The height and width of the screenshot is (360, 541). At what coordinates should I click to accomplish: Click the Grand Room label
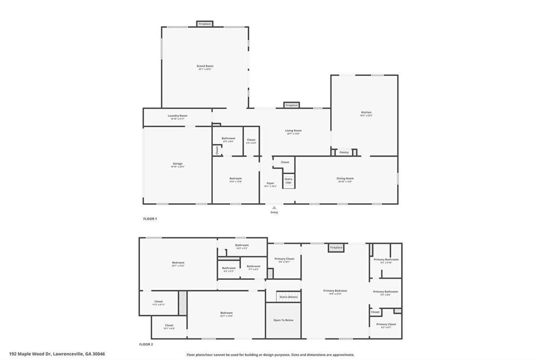click(x=206, y=67)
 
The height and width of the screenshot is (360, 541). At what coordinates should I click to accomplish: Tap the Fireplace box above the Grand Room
click(x=204, y=24)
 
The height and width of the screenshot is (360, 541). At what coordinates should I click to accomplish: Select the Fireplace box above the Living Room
click(x=291, y=105)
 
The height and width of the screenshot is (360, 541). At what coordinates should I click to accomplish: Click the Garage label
click(x=178, y=165)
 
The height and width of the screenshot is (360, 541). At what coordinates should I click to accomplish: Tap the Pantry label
click(x=344, y=153)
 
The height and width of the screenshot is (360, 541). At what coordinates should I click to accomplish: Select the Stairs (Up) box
click(x=288, y=181)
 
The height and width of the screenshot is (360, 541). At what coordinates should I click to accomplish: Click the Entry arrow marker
click(x=274, y=207)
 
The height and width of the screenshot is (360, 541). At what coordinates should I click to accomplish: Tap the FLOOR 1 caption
click(x=150, y=219)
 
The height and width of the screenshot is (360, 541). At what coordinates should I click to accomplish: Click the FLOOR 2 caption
click(x=146, y=344)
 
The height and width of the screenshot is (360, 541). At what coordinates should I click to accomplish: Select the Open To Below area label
click(x=283, y=320)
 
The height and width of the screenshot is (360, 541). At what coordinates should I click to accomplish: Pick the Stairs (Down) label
click(x=288, y=297)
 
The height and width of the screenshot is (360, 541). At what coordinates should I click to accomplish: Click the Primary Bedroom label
click(x=335, y=291)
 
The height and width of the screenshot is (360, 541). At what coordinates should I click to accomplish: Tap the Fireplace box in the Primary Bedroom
click(x=336, y=248)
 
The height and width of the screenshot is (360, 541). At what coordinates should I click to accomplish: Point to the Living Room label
click(x=293, y=131)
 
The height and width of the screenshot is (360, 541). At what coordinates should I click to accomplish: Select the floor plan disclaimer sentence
click(x=270, y=355)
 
